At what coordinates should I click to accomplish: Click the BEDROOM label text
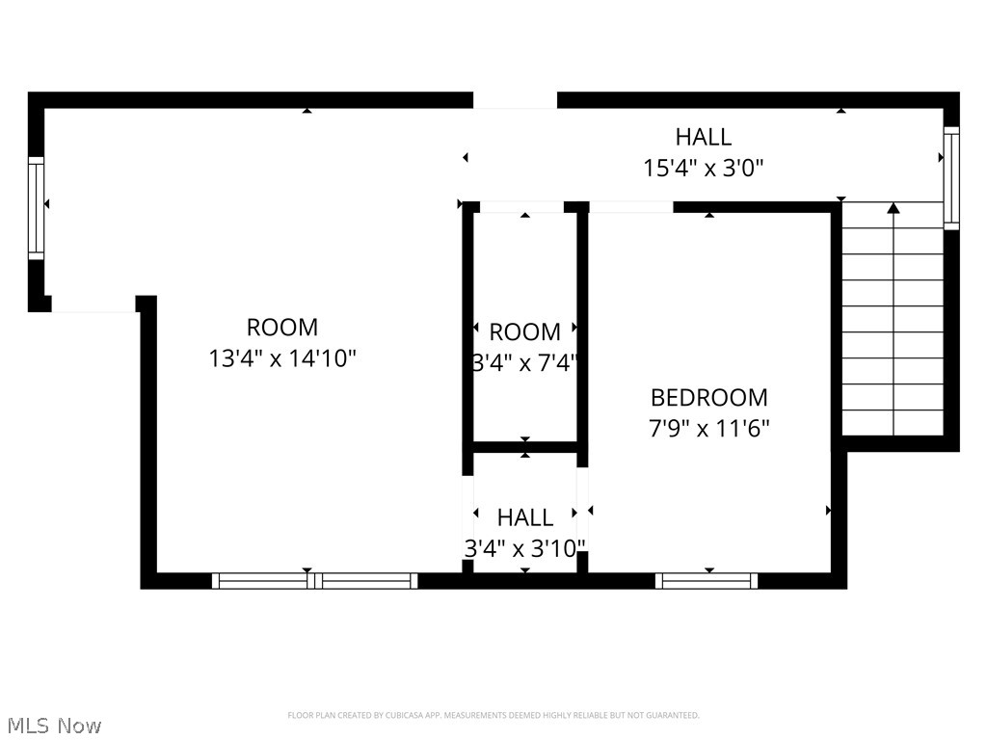coord(708,397)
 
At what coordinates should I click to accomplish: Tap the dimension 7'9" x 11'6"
coord(708,427)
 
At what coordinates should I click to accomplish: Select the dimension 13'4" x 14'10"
coord(282,358)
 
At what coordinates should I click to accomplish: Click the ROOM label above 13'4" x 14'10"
coord(282,328)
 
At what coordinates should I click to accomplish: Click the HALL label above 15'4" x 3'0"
coord(703,137)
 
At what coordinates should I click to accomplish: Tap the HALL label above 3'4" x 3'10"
coord(525,517)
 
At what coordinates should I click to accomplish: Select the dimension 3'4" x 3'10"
coord(525,548)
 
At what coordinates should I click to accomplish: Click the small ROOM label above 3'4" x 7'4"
coord(525,332)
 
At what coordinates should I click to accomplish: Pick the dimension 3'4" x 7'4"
coord(525,363)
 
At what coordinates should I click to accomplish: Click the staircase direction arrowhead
coord(894,207)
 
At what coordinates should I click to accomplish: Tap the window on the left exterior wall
coord(37,207)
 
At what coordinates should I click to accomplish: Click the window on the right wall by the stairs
coord(951,177)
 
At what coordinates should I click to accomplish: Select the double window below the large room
coord(314,580)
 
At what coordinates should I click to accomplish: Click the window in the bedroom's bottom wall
coord(707,580)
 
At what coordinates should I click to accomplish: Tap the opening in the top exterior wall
coord(515,100)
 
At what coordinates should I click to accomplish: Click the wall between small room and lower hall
coord(525,447)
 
